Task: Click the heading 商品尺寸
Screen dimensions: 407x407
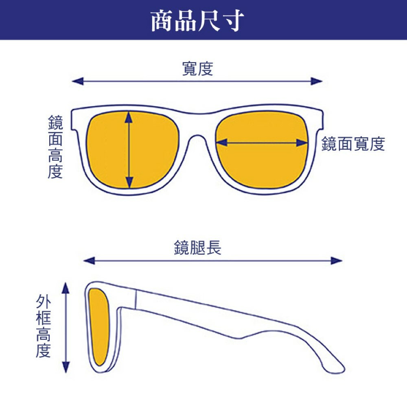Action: pos(197,20)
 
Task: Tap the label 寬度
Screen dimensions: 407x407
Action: pos(198,69)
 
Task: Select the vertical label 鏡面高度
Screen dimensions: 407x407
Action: pos(55,147)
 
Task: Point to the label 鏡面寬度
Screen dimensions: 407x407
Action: pos(353,144)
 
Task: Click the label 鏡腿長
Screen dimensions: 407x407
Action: pos(198,247)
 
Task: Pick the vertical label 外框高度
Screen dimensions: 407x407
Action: pos(44,326)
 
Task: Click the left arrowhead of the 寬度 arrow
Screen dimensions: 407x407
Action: pos(78,81)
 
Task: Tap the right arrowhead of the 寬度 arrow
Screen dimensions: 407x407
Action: pos(317,81)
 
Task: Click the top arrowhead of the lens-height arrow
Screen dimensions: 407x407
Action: pos(129,117)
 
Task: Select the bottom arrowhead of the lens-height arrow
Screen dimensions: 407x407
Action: pos(129,182)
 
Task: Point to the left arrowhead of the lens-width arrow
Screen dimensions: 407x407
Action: pos(221,142)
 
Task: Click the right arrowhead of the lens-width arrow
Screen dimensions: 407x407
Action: pos(302,142)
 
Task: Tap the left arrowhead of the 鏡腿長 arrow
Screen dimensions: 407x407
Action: pos(89,260)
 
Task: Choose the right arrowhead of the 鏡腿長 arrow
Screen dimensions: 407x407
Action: pos(337,260)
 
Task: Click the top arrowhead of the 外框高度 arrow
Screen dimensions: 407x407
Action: pos(66,288)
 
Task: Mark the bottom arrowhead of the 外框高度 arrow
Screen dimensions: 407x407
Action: pos(66,367)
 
